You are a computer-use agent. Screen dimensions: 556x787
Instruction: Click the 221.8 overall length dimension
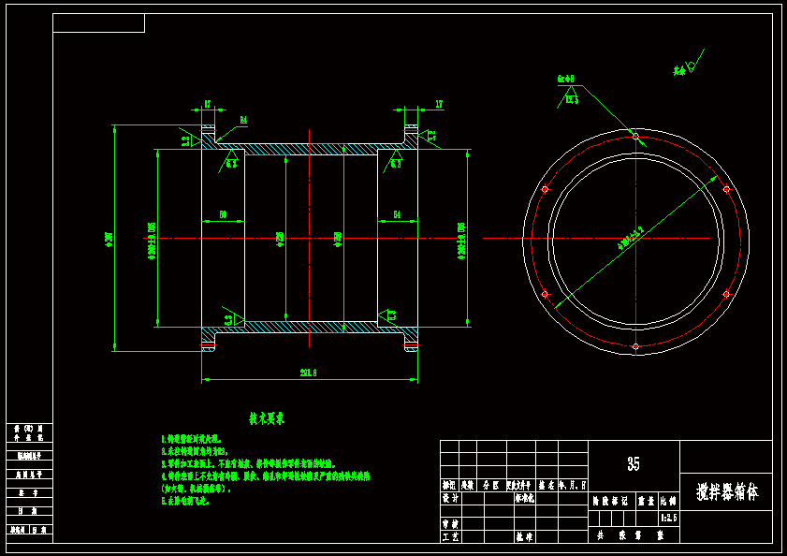(308, 373)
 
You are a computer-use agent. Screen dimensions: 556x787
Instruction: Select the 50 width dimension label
(223, 215)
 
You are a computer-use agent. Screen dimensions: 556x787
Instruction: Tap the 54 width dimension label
(397, 215)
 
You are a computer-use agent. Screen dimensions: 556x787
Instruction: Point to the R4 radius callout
(243, 120)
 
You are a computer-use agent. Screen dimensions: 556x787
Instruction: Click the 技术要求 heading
(267, 418)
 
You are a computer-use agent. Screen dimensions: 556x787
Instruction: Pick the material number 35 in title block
(634, 464)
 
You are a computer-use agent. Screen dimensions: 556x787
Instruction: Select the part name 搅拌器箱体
(725, 491)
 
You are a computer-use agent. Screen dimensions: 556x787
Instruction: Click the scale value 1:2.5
(669, 517)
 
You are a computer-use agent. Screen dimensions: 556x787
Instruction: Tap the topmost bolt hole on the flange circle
(635, 137)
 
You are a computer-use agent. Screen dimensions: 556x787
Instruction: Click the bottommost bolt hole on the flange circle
(635, 346)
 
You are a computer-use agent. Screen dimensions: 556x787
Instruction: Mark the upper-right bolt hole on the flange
(726, 189)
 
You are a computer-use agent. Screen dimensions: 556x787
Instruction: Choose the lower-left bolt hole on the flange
(545, 294)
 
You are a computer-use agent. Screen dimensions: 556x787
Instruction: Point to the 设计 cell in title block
(449, 499)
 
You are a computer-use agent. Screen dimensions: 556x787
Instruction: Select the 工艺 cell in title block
(449, 536)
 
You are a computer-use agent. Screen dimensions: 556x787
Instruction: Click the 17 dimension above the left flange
(208, 104)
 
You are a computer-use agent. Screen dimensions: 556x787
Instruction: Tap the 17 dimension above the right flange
(439, 104)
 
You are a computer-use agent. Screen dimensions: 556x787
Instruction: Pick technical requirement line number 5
(186, 501)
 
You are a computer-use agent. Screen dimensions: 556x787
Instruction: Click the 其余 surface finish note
(679, 70)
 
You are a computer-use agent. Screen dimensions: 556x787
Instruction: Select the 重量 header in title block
(646, 502)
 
